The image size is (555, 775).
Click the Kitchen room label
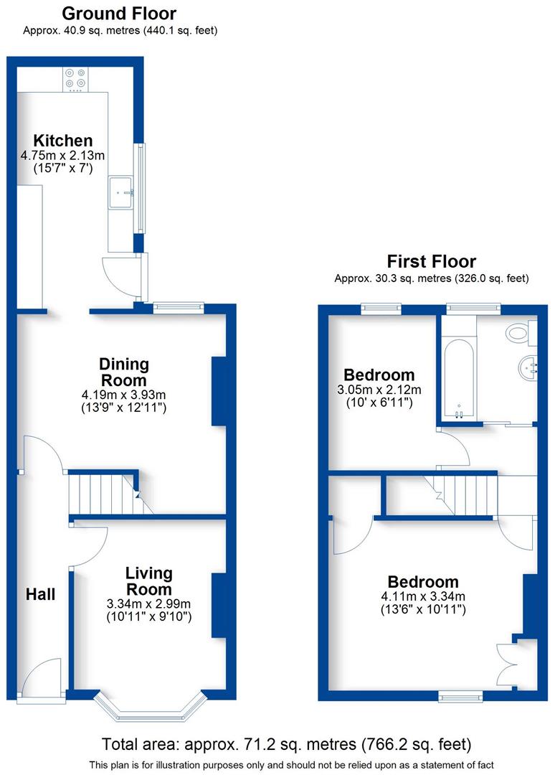click(64, 141)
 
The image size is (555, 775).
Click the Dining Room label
click(123, 372)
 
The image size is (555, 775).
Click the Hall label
click(40, 594)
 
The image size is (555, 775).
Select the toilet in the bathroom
click(518, 332)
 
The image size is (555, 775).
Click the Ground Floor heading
click(119, 14)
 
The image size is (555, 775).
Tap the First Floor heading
click(431, 261)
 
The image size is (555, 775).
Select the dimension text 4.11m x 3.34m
click(423, 596)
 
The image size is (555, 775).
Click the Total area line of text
click(287, 743)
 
